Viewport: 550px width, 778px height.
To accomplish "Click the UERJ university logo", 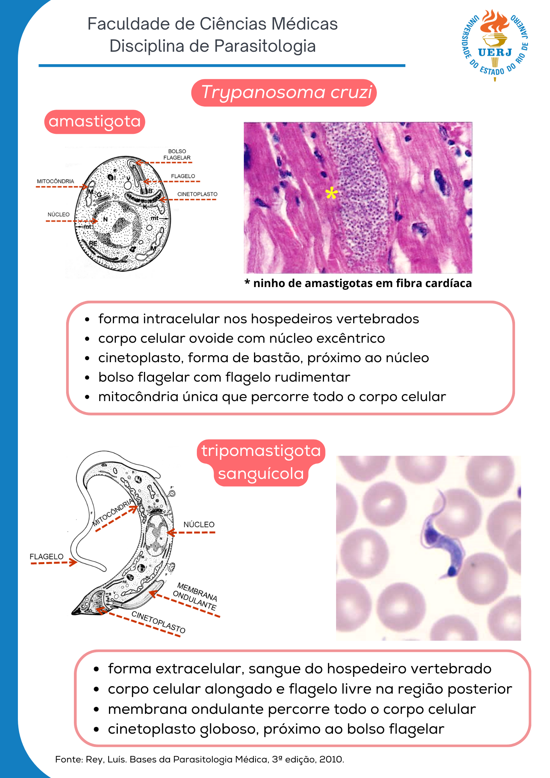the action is click(x=495, y=45).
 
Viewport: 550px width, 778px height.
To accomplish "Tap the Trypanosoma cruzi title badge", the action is click(x=284, y=93).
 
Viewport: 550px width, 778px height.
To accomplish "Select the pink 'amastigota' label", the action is click(x=95, y=121).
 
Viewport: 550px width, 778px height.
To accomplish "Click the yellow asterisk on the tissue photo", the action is click(x=331, y=193).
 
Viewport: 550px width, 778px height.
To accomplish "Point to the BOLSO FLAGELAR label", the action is click(x=177, y=154).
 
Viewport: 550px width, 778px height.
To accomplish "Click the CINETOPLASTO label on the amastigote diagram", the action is click(x=197, y=194).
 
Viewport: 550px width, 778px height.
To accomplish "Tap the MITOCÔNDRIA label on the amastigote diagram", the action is click(x=55, y=181).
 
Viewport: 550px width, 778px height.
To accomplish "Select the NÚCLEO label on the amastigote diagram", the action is click(x=58, y=214).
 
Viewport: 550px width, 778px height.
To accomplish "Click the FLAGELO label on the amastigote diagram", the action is click(x=183, y=176).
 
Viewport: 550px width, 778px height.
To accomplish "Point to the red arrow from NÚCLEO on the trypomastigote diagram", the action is click(x=191, y=533).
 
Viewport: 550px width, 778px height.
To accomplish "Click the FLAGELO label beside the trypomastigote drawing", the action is click(x=46, y=557).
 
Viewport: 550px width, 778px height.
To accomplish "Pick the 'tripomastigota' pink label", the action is click(x=261, y=451).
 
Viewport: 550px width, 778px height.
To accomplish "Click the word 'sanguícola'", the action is click(x=261, y=474).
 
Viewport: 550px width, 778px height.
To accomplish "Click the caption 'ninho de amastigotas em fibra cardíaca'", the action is click(x=362, y=283).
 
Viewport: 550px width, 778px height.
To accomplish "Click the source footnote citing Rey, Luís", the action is click(x=200, y=759).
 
